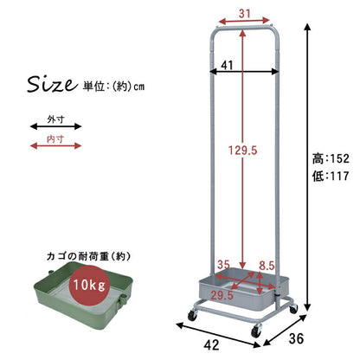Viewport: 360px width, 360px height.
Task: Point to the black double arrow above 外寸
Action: coord(56,125)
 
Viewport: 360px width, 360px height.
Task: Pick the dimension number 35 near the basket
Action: coord(224,265)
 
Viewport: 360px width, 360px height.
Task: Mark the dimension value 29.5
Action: coord(222,295)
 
